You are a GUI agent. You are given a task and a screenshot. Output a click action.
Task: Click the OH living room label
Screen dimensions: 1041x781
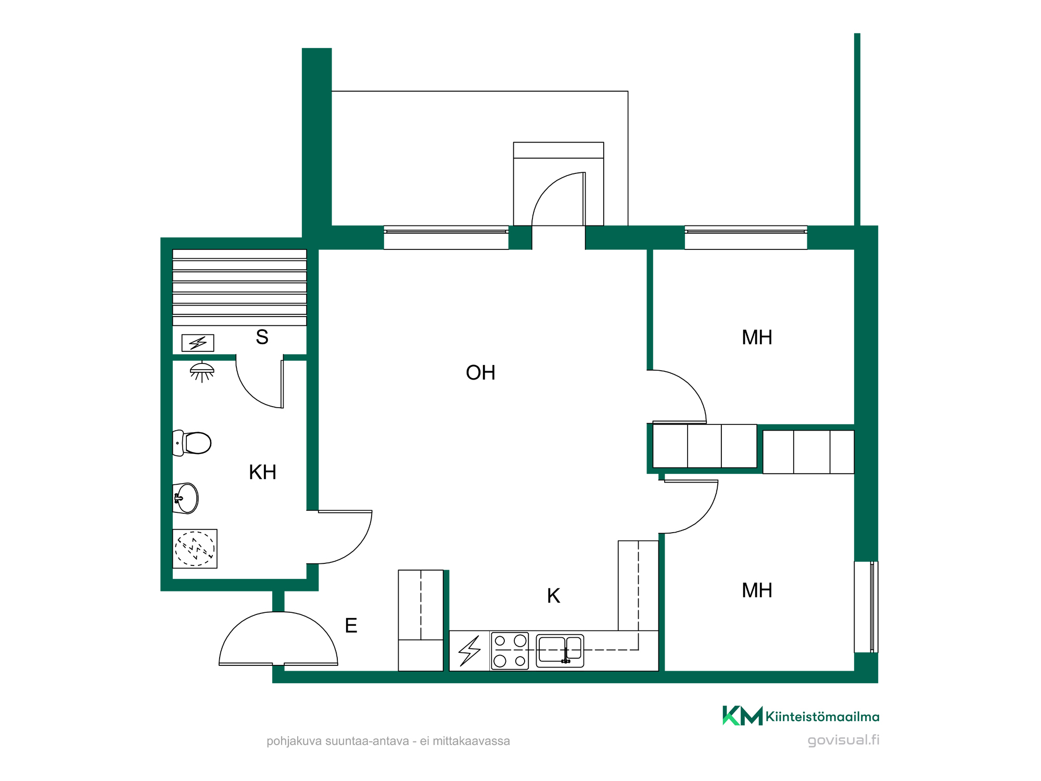tap(480, 373)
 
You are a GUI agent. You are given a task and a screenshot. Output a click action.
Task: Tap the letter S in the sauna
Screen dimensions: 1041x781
tap(262, 337)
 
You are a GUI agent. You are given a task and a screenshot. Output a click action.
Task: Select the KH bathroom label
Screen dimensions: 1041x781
tap(262, 472)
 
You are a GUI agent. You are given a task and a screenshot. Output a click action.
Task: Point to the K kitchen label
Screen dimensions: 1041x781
tap(553, 596)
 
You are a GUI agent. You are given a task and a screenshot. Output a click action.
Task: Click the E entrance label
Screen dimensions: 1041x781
tap(351, 625)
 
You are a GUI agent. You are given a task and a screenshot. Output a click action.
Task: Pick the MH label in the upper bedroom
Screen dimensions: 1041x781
tap(757, 337)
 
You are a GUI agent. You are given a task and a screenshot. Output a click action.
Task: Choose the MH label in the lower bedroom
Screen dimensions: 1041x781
tap(757, 590)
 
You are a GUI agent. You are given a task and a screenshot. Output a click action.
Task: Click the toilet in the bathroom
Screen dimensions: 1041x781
tap(192, 443)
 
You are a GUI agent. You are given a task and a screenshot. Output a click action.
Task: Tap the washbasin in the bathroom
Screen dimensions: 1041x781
tap(186, 498)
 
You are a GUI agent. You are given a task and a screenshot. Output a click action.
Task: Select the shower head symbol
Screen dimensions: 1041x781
tap(202, 372)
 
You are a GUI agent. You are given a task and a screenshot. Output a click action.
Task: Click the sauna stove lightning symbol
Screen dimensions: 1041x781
tap(198, 343)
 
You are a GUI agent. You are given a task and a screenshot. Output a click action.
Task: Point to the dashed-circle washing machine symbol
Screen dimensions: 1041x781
tap(195, 549)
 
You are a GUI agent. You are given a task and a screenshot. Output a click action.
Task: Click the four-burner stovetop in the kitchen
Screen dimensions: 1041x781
tap(510, 651)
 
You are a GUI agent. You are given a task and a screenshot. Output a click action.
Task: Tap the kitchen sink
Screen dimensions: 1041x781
tap(560, 651)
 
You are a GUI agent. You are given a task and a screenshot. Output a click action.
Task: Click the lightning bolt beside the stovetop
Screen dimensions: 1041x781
tap(469, 651)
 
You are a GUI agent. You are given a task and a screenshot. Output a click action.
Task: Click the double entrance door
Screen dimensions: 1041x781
tap(278, 639)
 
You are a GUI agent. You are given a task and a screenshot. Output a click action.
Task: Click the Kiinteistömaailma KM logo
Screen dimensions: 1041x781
tap(801, 716)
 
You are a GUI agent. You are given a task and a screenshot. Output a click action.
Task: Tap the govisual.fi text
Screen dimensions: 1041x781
tap(843, 740)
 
